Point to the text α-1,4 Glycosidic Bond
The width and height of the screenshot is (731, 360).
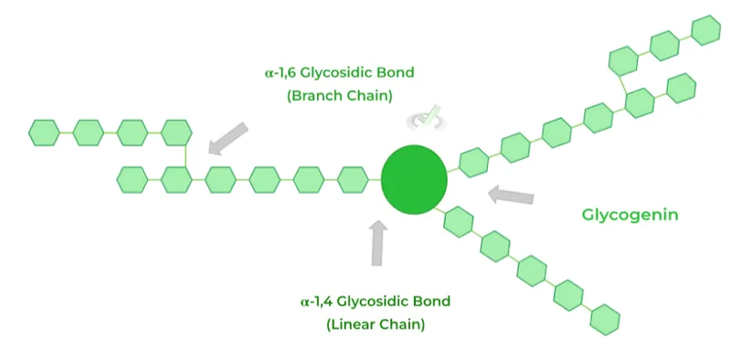pyautogui.click(x=376, y=301)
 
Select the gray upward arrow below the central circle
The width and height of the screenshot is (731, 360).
pyautogui.click(x=378, y=241)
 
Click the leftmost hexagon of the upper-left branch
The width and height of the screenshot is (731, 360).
pyautogui.click(x=44, y=132)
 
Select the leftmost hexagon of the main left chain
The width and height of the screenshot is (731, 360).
pyautogui.click(x=132, y=180)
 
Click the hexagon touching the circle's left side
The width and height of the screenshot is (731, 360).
pyautogui.click(x=353, y=180)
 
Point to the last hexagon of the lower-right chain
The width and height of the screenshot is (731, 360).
pyautogui.click(x=605, y=319)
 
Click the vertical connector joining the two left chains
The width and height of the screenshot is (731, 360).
pyautogui.click(x=185, y=156)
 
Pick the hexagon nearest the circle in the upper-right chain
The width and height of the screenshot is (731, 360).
pyautogui.click(x=474, y=163)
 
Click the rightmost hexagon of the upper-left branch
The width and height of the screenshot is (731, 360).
pyautogui.click(x=176, y=132)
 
